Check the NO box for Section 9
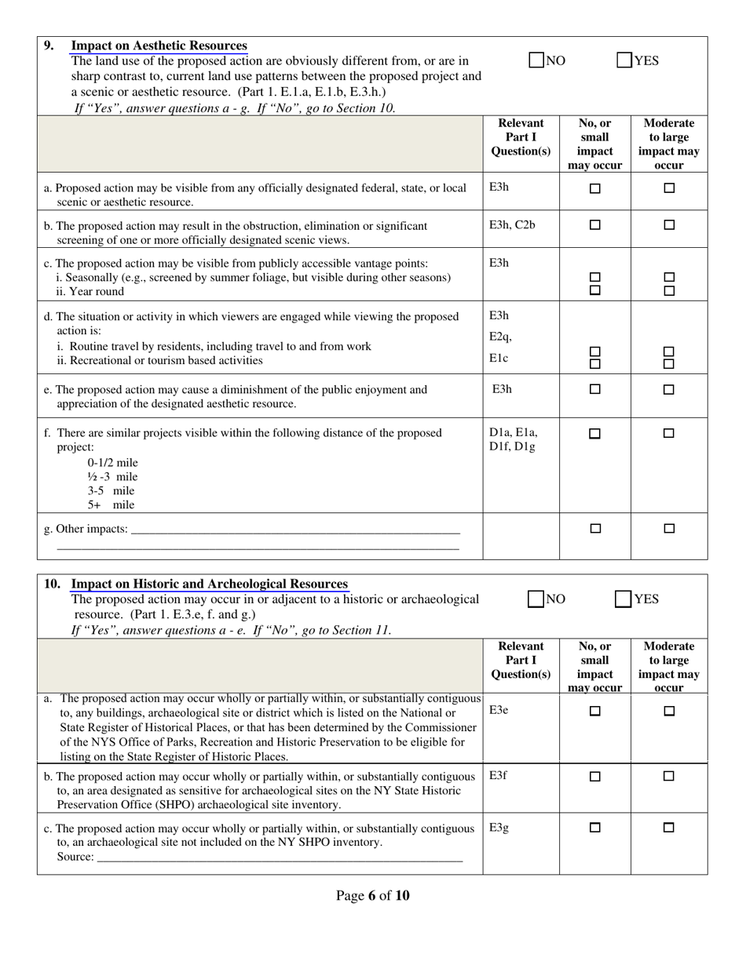pos(536,60)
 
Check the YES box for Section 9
pos(624,60)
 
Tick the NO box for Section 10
pos(536,599)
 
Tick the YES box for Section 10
pos(623,599)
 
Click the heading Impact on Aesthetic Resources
pos(159,46)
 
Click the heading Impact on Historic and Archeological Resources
pos(209,584)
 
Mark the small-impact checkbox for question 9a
pos(595,188)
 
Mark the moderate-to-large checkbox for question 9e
pos(669,389)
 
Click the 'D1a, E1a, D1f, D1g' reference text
pos(513,439)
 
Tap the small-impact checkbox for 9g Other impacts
pos(595,529)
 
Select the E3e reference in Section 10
pos(499,710)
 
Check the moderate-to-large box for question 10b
pos(669,776)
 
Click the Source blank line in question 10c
pos(279,857)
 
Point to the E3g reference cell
pos(499,828)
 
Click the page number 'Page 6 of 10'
pos(372,896)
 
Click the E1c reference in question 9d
pos(499,359)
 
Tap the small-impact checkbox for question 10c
pos(595,828)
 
